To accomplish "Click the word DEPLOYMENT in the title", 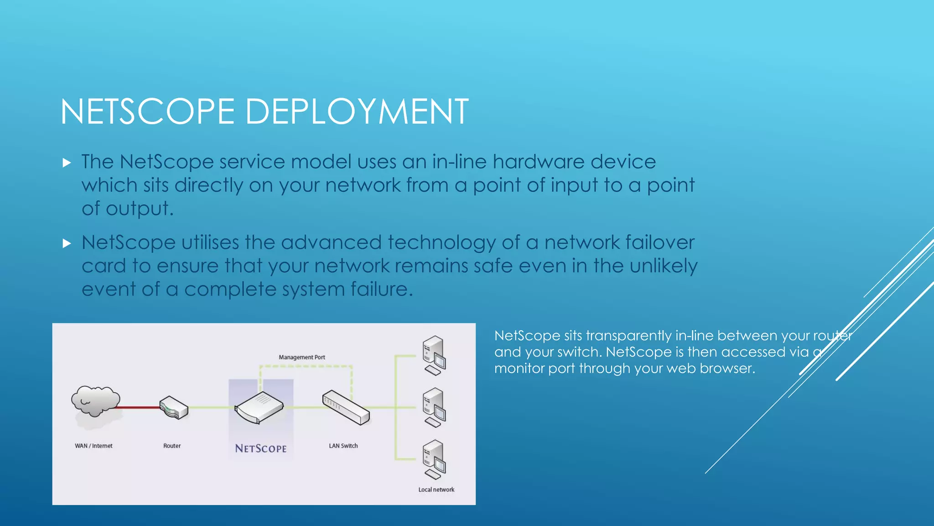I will pyautogui.click(x=357, y=111).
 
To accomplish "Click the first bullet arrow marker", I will pyautogui.click(x=67, y=163).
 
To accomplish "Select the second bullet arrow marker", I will pyautogui.click(x=67, y=243).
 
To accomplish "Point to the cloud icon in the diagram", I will pyautogui.click(x=95, y=401).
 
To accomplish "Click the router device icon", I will pyautogui.click(x=174, y=407).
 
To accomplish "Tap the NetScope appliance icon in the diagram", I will pyautogui.click(x=259, y=407).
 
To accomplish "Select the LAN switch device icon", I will pyautogui.click(x=346, y=407).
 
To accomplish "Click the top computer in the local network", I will pyautogui.click(x=434, y=355).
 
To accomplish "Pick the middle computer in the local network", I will pyautogui.click(x=434, y=407).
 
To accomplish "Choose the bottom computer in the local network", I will pyautogui.click(x=434, y=459).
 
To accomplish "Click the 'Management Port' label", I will pyautogui.click(x=302, y=357).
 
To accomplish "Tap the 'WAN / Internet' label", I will pyautogui.click(x=93, y=446).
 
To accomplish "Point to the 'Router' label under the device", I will pyautogui.click(x=172, y=446).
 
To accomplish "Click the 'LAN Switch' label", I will pyautogui.click(x=343, y=446).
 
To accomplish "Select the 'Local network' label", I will pyautogui.click(x=436, y=489).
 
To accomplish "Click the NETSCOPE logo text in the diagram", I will pyautogui.click(x=261, y=448).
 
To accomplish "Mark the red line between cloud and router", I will pyautogui.click(x=140, y=407).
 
